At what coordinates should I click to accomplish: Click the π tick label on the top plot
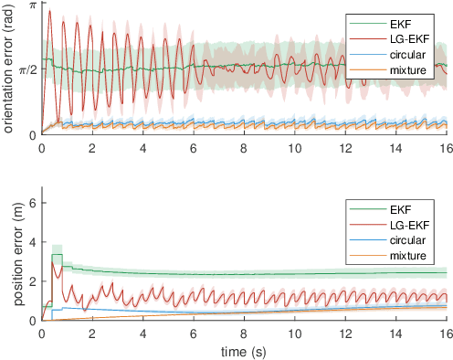tap(32, 6)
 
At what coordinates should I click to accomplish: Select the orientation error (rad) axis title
tap(8, 69)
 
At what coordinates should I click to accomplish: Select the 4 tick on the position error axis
tap(32, 242)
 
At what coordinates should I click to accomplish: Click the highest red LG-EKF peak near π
tap(48, 11)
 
